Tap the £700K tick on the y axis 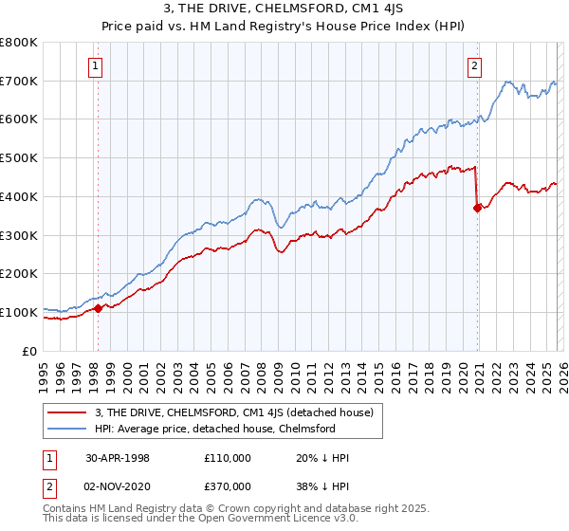(20, 82)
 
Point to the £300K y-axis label (20, 235)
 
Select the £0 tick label (30, 351)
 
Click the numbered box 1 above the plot (97, 65)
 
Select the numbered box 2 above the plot (474, 65)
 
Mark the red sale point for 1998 (98, 308)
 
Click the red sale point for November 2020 (478, 209)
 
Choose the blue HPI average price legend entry (214, 429)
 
